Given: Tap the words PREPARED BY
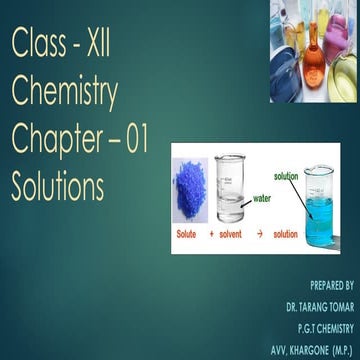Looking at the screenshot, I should click(333, 284).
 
